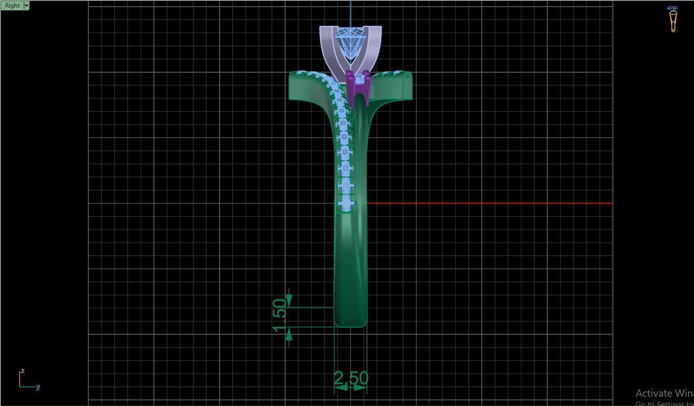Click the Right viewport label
click(12, 6)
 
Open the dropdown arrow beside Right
click(26, 6)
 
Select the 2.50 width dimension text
click(351, 378)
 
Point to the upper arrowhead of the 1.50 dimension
click(289, 300)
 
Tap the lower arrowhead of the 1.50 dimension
click(289, 335)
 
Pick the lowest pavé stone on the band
click(346, 202)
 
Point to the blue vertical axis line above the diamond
click(351, 13)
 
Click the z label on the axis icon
click(23, 371)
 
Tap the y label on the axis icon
click(38, 387)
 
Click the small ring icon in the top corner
click(672, 19)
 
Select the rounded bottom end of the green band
click(351, 320)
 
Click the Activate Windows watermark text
click(664, 394)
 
